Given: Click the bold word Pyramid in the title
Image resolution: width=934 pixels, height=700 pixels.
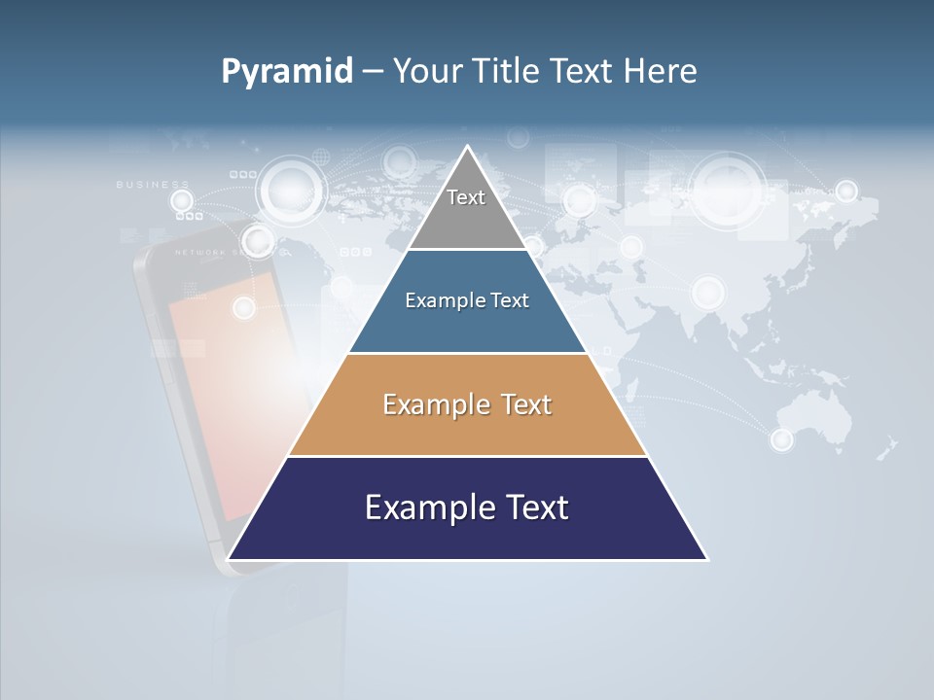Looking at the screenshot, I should (x=287, y=72).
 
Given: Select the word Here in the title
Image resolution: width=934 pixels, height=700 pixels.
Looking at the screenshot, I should (x=661, y=71).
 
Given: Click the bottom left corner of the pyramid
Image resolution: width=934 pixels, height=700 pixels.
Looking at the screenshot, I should (x=231, y=558).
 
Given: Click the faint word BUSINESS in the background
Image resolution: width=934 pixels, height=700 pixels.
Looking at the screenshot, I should (x=153, y=184).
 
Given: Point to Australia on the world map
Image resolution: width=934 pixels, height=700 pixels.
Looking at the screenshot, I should (x=822, y=418).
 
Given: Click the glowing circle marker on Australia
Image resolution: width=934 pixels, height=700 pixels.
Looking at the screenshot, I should (x=782, y=439).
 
